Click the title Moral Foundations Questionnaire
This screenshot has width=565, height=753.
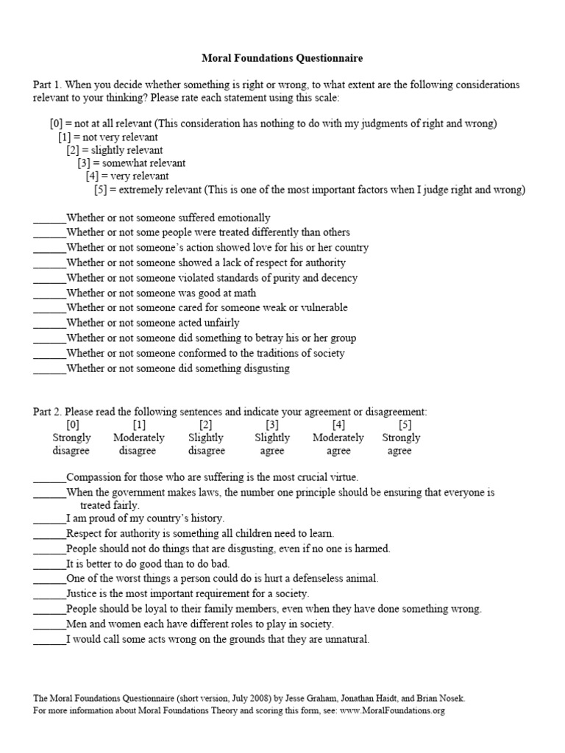click(x=282, y=57)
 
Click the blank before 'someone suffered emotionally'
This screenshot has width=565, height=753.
click(x=49, y=218)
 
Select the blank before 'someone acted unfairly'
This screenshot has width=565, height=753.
click(x=49, y=323)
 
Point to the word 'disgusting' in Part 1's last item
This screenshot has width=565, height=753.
click(x=265, y=368)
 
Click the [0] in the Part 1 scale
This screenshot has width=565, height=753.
click(x=57, y=124)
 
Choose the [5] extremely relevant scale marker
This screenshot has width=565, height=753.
click(x=101, y=190)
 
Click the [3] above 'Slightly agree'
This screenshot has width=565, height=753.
click(x=272, y=424)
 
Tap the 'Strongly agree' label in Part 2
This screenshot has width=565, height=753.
click(x=401, y=444)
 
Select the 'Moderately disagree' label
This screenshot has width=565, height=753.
click(x=138, y=444)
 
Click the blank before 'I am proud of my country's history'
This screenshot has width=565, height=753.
click(x=49, y=518)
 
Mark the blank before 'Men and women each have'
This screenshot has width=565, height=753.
click(x=49, y=624)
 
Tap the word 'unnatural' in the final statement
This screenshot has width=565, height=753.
click(x=346, y=639)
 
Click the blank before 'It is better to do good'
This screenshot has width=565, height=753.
click(x=49, y=563)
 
